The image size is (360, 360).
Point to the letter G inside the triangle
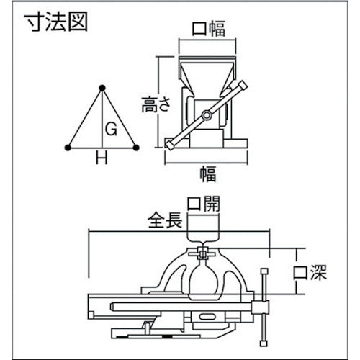(110, 130)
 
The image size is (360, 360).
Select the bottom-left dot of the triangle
(67, 148)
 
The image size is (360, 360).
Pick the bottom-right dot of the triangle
(135, 148)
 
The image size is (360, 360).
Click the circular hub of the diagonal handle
(207, 114)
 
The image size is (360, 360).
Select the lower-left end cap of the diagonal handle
(170, 143)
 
